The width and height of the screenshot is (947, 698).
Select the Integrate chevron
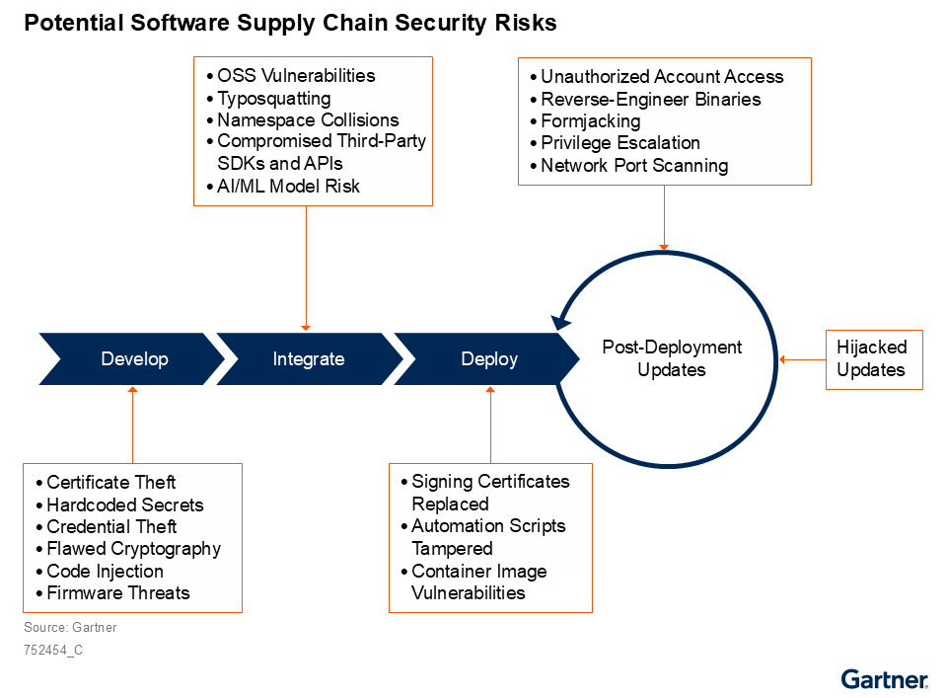(309, 359)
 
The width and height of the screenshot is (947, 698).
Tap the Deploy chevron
(486, 359)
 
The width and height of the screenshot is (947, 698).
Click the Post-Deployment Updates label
(672, 358)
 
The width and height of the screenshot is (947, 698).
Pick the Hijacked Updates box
(874, 359)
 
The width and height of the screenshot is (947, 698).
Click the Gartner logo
(884, 679)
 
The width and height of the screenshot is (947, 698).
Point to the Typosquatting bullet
(268, 99)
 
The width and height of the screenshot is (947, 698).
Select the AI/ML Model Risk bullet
(283, 187)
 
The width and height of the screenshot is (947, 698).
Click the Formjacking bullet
(585, 121)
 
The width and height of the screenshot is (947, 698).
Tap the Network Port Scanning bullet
(628, 166)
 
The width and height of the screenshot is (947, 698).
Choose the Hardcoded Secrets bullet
(119, 504)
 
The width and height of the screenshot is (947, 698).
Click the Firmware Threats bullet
(112, 592)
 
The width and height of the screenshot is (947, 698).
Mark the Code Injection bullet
(100, 571)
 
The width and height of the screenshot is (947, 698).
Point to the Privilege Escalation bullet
(615, 143)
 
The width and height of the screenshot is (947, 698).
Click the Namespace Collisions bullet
(303, 119)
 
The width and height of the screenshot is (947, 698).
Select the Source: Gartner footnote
(70, 627)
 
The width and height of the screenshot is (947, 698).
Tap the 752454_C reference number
(53, 651)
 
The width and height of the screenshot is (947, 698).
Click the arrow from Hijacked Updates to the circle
(803, 359)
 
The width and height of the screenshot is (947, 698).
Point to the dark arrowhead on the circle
(560, 322)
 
